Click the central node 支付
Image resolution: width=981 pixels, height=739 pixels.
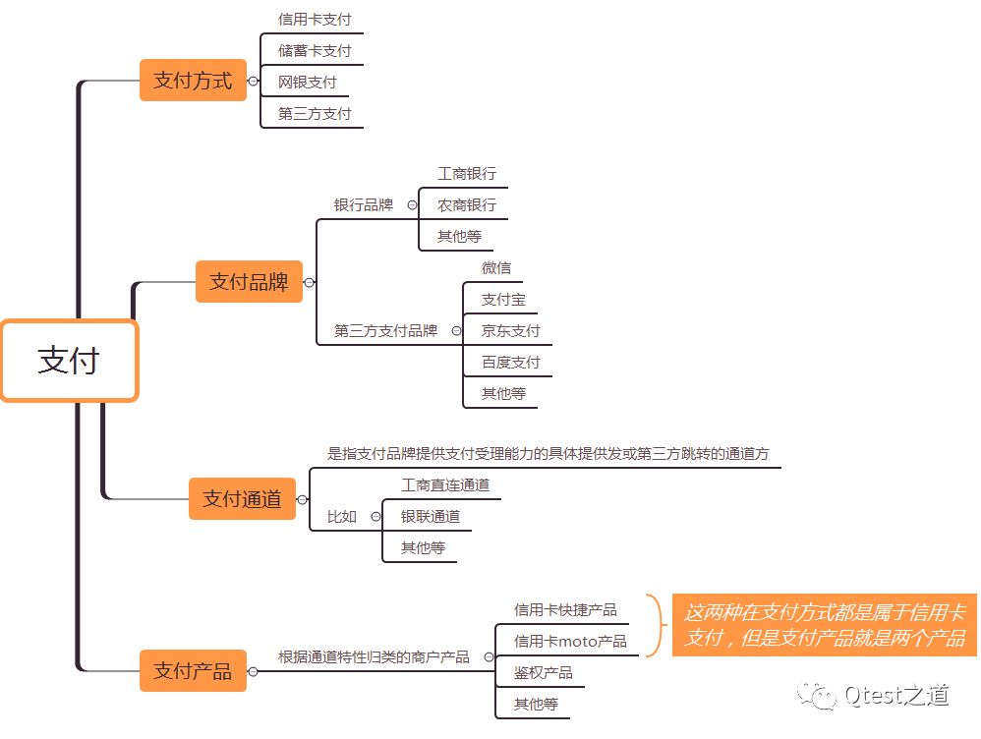69,361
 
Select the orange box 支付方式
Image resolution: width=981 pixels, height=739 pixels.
193,81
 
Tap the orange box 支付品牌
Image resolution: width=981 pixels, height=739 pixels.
249,282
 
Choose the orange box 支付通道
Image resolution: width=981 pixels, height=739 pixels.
242,499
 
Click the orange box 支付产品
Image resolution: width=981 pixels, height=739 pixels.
193,671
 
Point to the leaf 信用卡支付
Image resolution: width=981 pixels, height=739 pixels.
315,19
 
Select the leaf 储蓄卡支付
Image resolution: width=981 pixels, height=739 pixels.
315,50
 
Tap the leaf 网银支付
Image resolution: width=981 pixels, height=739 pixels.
307,82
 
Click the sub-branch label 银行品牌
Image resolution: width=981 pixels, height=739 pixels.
363,205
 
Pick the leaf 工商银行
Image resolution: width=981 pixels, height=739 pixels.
467,174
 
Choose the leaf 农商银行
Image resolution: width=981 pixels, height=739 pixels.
467,205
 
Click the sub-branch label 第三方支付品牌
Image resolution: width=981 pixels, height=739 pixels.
385,331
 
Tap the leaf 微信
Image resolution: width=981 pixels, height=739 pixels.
496,268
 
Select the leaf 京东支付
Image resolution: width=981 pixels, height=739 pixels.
511,331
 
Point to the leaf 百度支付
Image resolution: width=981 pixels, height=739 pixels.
511,363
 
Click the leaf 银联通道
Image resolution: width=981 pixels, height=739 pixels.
431,516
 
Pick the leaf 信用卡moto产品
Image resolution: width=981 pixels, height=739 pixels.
570,642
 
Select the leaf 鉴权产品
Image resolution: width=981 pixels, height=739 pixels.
544,673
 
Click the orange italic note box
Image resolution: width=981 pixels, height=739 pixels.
824,625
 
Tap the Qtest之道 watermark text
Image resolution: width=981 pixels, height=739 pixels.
896,696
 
